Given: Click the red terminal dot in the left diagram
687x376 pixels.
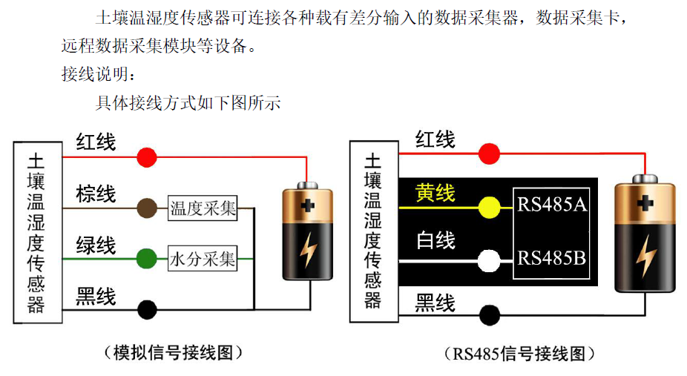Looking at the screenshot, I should pyautogui.click(x=147, y=157).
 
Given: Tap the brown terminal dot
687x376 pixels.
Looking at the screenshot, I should pyautogui.click(x=147, y=208).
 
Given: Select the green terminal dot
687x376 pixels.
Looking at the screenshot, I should pyautogui.click(x=146, y=258).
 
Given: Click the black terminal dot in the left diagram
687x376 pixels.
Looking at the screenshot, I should pyautogui.click(x=147, y=308).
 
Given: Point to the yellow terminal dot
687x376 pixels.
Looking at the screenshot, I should pyautogui.click(x=489, y=208).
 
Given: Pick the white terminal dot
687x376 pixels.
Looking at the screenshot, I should pyautogui.click(x=488, y=260).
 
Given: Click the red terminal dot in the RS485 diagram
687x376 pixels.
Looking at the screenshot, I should pyautogui.click(x=488, y=154).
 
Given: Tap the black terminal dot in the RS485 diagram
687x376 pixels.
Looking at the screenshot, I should pyautogui.click(x=488, y=314).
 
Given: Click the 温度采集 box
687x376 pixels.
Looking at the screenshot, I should pyautogui.click(x=203, y=208).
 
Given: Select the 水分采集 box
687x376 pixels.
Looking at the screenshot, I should pyautogui.click(x=203, y=259).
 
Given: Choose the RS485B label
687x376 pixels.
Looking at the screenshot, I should pyautogui.click(x=553, y=259).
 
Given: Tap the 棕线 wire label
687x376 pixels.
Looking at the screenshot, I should pyautogui.click(x=96, y=194).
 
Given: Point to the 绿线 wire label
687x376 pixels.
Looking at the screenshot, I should pyautogui.click(x=96, y=245).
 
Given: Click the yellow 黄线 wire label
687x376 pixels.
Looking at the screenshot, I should pyautogui.click(x=435, y=193).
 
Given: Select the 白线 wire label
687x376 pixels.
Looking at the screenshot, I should pyautogui.click(x=435, y=242).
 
